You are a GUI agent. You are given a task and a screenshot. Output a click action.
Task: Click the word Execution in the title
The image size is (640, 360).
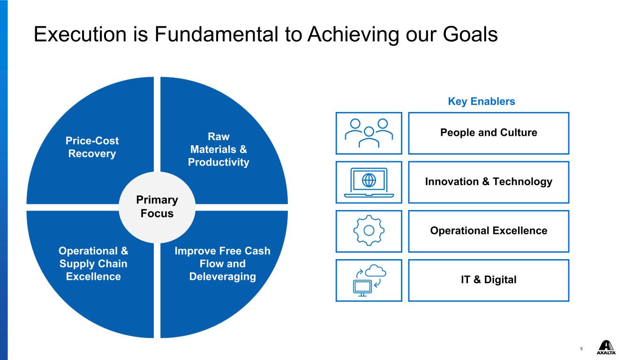80,35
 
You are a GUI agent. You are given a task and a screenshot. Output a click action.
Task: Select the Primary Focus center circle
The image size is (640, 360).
157,207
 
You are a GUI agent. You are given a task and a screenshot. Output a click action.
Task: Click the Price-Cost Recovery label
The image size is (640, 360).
92,147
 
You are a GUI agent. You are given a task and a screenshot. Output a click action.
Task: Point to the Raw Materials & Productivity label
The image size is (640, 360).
218,150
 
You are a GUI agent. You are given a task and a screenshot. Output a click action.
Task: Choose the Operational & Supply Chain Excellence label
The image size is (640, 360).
93,264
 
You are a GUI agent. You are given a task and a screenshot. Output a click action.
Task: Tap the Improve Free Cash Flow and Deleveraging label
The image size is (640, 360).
223,264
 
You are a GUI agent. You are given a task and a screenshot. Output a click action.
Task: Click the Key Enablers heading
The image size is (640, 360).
482,101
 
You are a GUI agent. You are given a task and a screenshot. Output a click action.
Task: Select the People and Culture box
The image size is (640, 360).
489,133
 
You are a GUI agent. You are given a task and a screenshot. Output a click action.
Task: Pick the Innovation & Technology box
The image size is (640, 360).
489,182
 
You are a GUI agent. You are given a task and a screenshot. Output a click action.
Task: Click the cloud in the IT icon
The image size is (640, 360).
376,270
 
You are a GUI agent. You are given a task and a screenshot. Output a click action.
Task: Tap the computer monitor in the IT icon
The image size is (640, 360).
362,288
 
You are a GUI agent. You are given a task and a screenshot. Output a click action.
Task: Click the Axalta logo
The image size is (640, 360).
606,347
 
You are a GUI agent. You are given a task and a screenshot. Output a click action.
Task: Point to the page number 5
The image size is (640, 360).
581,349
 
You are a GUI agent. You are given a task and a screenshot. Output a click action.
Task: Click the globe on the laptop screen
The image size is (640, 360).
369,180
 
